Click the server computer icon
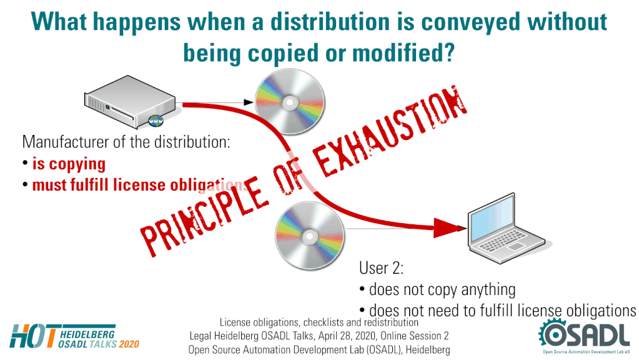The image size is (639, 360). click(129, 101)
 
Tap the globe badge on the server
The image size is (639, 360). click(156, 120)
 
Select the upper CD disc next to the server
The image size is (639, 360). click(290, 101)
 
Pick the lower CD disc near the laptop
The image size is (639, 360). click(309, 236)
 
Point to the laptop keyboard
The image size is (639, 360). click(503, 240)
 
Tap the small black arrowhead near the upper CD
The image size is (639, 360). click(249, 102)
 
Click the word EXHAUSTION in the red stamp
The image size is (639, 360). click(391, 131)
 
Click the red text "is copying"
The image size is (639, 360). click(69, 164)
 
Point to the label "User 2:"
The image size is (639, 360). click(381, 268)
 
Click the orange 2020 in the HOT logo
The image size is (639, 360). click(129, 344)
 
